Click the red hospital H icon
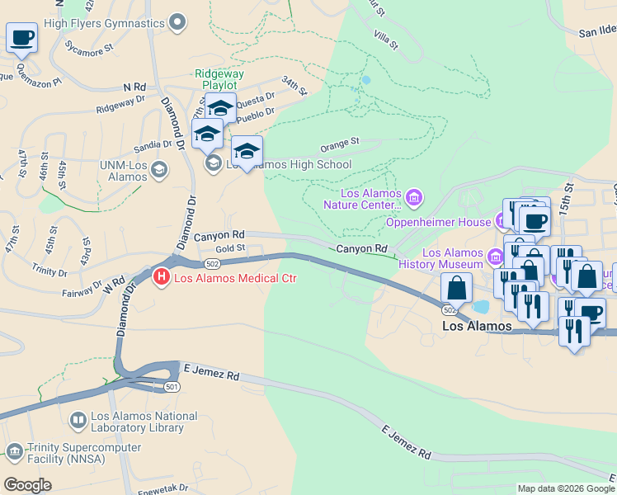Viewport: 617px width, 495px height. pos(162,277)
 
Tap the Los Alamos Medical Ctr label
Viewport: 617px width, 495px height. pos(235,278)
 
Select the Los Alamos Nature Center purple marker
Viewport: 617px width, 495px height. pos(414,196)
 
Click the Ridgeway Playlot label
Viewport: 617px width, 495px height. pos(215,79)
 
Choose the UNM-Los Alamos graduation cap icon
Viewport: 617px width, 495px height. pos(159,171)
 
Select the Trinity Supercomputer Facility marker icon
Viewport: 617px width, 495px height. pos(14,451)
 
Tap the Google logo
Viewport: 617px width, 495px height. pos(28,485)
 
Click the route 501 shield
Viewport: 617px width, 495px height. pos(172,387)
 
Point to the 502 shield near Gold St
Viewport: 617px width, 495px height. pos(213,263)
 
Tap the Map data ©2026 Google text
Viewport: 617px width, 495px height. pos(566,488)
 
